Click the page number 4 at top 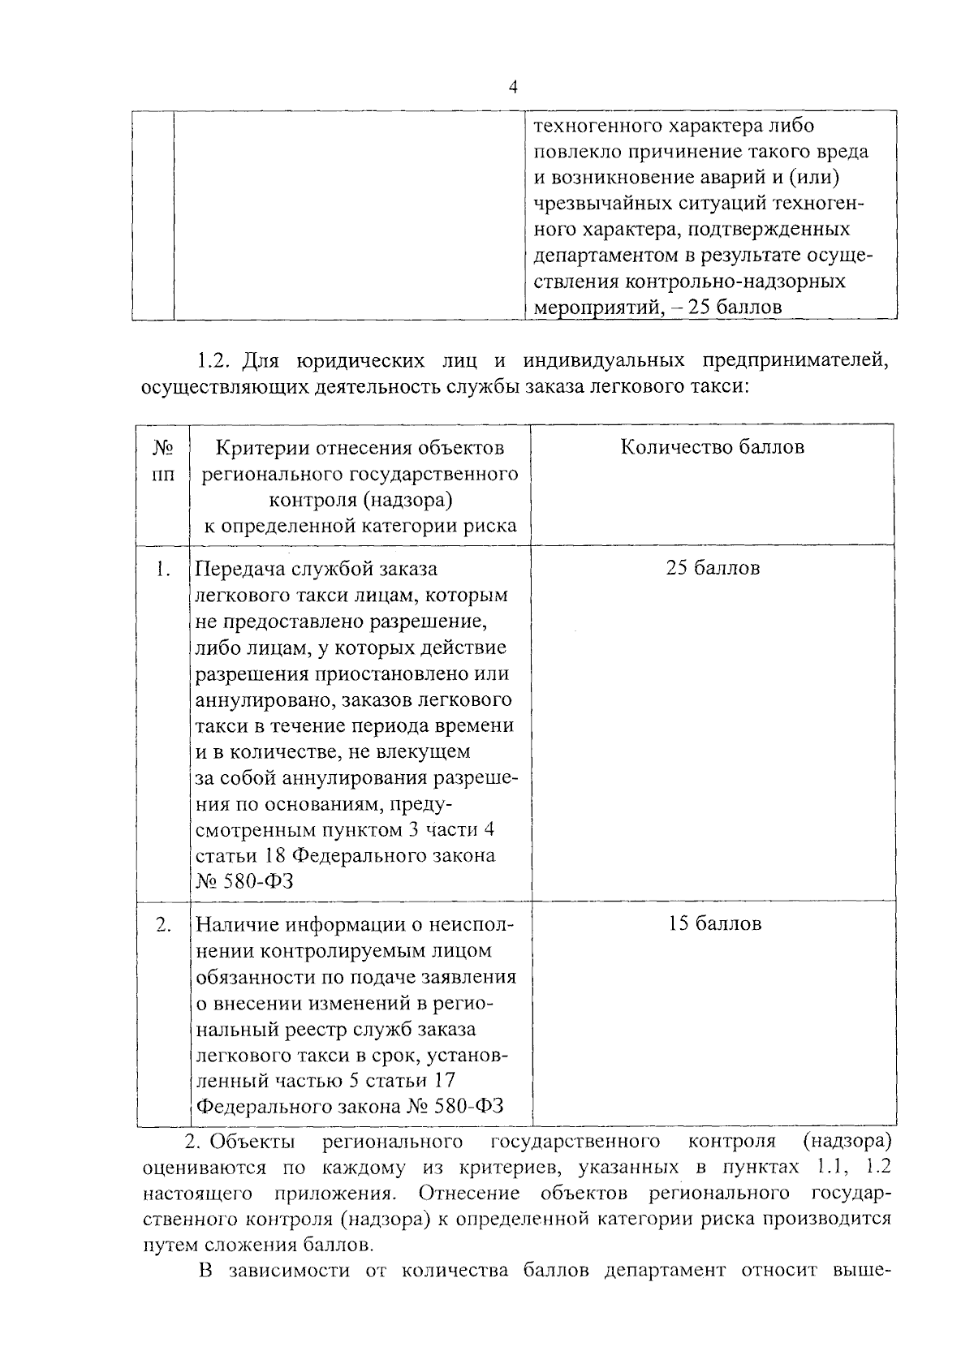[512, 88]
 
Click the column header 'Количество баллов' [712, 447]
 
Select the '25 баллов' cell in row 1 [712, 568]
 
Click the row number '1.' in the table [162, 568]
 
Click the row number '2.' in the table [162, 924]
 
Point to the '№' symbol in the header [162, 448]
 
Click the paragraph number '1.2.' [215, 359]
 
